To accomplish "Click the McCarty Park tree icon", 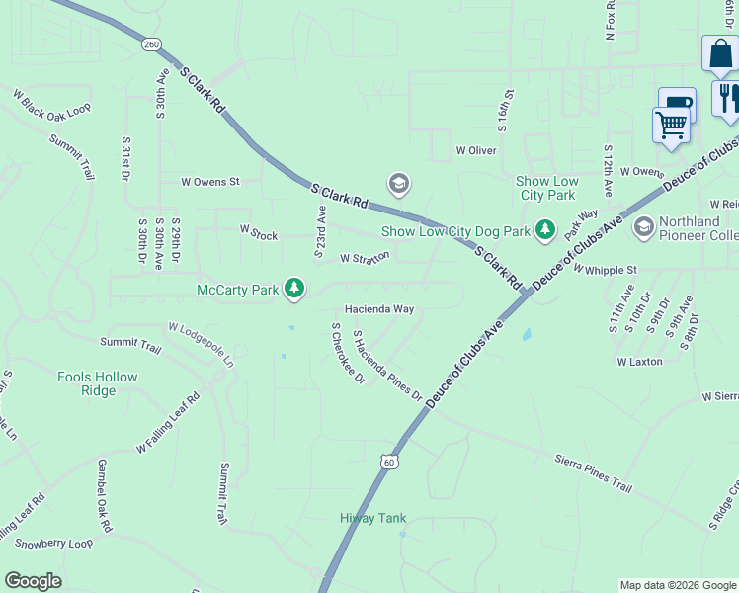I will [293, 289].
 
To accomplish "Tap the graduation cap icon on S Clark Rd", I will [399, 184].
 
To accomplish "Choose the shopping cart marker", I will [671, 126].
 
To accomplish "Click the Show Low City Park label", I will [545, 188].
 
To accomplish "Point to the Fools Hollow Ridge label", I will [98, 383].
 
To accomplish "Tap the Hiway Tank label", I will [373, 518].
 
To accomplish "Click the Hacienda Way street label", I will [378, 309].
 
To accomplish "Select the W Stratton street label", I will [365, 257].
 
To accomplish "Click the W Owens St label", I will [210, 182].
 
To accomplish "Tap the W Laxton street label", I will [639, 362].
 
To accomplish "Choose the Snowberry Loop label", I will [54, 544].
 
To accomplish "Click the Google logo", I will [34, 581].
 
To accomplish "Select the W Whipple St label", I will [605, 269].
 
